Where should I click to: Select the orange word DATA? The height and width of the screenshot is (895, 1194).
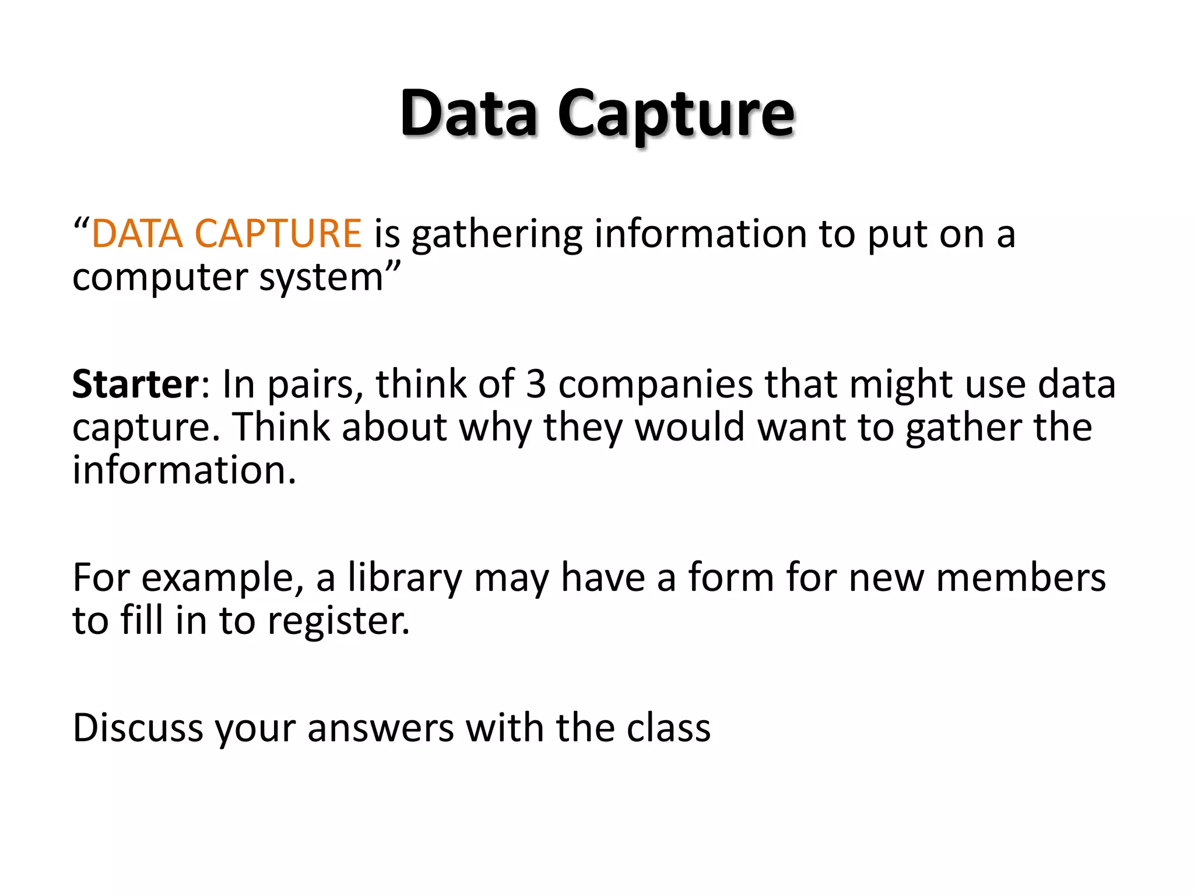[138, 234]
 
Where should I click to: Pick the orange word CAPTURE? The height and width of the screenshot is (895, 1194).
[278, 234]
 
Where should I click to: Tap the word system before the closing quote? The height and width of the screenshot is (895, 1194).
[321, 277]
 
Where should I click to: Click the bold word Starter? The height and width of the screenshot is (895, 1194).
[136, 384]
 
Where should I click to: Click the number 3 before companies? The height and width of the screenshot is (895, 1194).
[536, 384]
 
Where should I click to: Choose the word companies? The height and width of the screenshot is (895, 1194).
[655, 385]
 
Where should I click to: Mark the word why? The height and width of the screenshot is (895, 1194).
[495, 428]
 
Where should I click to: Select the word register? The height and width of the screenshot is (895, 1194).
[339, 621]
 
